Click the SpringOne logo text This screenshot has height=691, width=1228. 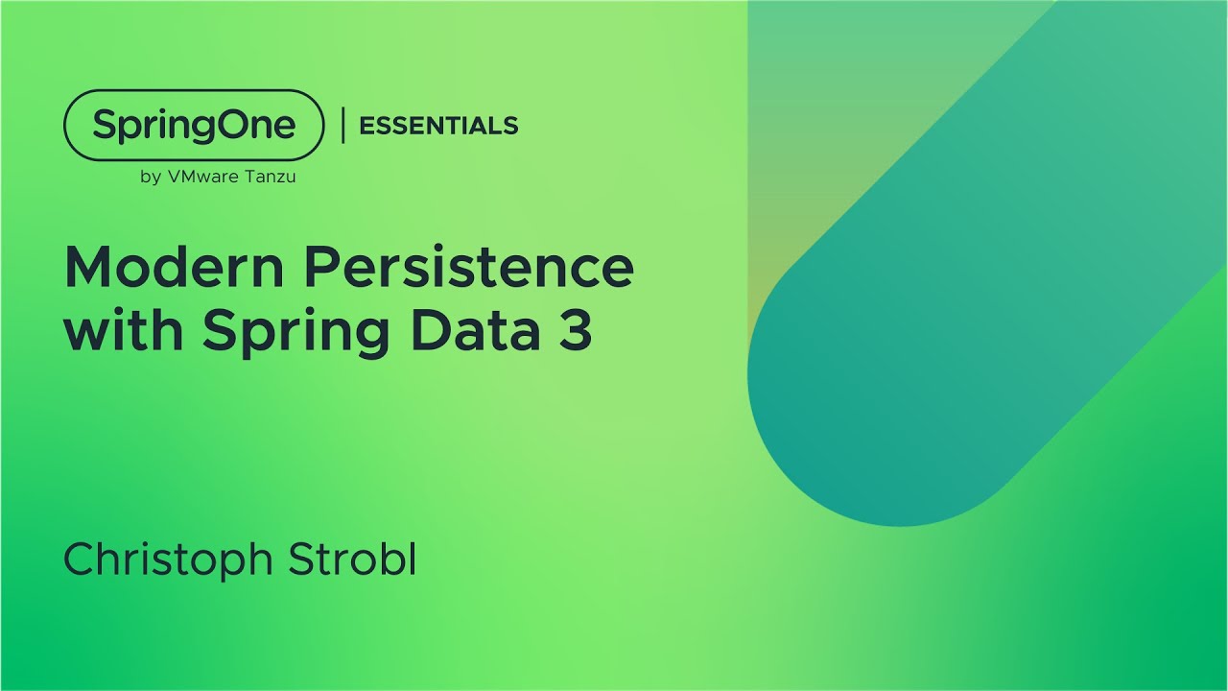(194, 126)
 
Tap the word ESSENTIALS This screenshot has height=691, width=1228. (438, 126)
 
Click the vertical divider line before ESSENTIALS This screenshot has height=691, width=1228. (342, 126)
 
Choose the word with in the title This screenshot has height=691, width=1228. (125, 331)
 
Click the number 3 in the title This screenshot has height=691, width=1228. (577, 331)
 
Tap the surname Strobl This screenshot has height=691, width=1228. (347, 560)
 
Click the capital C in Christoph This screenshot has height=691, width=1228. (80, 560)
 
